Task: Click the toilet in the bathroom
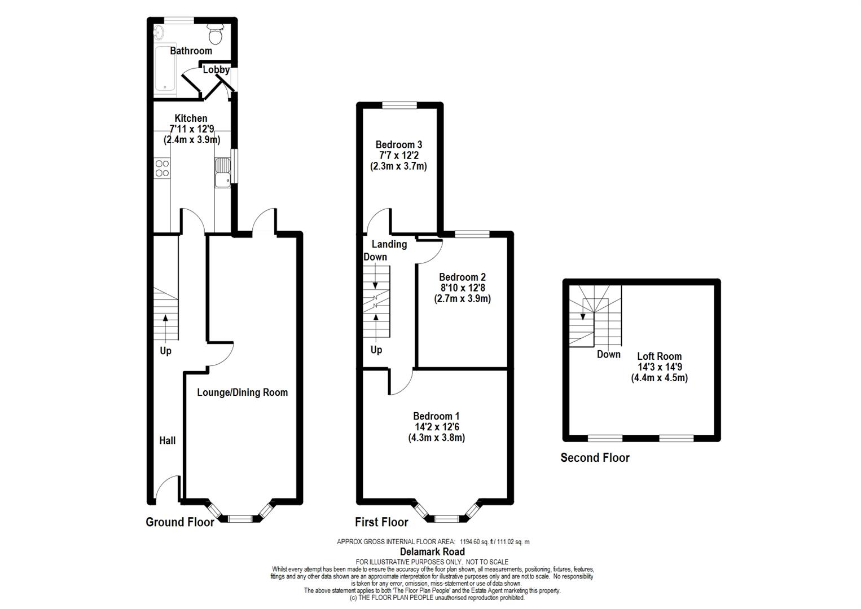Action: coord(216,34)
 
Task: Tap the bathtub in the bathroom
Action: coord(165,69)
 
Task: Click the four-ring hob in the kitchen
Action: coord(162,168)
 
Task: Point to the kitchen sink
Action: coord(222,173)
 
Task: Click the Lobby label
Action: coord(216,69)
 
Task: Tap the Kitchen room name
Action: coord(191,118)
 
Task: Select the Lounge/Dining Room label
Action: coord(242,392)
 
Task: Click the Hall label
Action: coord(167,440)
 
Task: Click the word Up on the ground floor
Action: coord(166,351)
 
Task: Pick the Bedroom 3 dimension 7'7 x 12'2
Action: coord(398,155)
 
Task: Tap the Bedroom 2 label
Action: coord(463,277)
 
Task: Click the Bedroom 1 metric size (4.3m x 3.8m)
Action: coord(436,438)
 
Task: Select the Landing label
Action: coord(389,244)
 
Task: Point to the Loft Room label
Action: coord(659,356)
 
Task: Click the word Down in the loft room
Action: coord(608,354)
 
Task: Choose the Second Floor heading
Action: coord(595,458)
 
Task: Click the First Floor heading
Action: coord(381,522)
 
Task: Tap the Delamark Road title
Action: coord(432,551)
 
